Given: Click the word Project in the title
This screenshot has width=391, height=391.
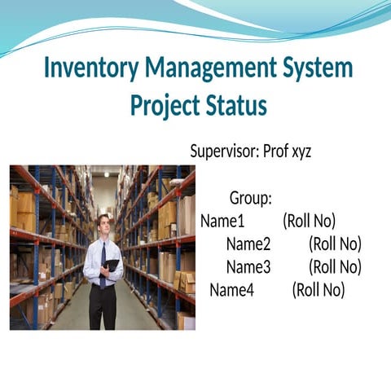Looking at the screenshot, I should click(x=164, y=107).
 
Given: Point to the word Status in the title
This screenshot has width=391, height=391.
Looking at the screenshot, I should click(x=236, y=107).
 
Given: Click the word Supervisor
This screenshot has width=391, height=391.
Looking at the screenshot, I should click(x=224, y=152).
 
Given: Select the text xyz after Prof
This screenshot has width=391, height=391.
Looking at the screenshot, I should click(x=299, y=152).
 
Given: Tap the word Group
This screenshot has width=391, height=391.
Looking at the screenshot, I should click(x=250, y=198).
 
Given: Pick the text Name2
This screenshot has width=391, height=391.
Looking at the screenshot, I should click(x=248, y=244).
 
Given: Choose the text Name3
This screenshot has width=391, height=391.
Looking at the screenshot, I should click(x=248, y=266).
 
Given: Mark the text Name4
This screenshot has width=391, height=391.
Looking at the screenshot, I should click(x=232, y=289).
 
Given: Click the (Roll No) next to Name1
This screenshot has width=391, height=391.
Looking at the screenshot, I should click(x=310, y=221).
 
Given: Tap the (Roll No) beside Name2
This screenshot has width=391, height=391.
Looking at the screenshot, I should click(x=336, y=244).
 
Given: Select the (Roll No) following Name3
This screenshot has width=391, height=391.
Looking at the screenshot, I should click(x=336, y=266).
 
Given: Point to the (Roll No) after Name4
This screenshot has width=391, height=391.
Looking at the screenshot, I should click(x=319, y=289).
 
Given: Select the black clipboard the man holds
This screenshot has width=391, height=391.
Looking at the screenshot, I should click(x=112, y=266).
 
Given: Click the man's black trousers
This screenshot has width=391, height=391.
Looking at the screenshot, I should click(x=103, y=305).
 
